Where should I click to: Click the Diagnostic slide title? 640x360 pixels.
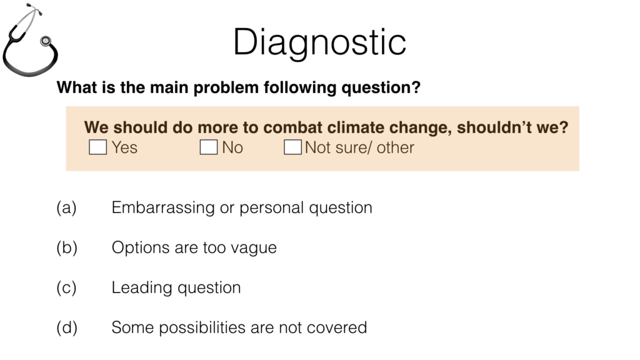(319, 43)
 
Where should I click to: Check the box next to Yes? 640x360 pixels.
(98, 147)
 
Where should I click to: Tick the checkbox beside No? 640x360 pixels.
(209, 147)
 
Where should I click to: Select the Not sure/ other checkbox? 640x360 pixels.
(292, 147)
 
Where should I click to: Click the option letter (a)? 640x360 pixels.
(66, 207)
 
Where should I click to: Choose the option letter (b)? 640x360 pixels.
(67, 247)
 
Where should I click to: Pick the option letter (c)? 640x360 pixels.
(66, 287)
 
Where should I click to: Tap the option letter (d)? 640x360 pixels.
(67, 327)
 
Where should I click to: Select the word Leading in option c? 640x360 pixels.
(142, 288)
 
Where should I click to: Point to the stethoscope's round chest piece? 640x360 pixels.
(45, 41)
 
